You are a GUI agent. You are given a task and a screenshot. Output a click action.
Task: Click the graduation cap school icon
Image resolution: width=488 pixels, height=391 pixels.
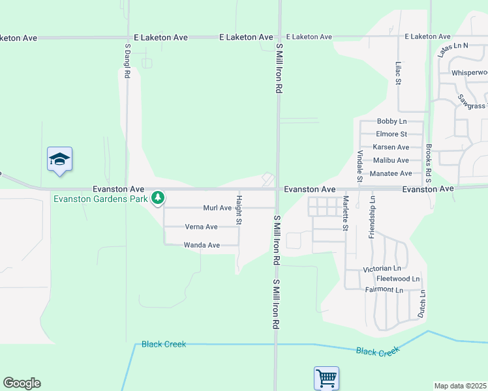59,160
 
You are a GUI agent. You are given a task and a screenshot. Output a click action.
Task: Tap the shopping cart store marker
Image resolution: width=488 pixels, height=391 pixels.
326,377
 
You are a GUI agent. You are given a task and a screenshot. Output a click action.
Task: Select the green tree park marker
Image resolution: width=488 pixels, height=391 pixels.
157,197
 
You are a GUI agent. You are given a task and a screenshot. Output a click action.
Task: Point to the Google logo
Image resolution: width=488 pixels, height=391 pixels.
22,383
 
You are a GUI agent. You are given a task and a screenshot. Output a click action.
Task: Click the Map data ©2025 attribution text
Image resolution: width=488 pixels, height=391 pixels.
460,386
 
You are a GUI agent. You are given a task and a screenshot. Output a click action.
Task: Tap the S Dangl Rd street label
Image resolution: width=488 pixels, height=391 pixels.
128,61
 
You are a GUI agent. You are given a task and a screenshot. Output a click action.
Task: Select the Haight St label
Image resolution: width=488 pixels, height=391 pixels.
239,210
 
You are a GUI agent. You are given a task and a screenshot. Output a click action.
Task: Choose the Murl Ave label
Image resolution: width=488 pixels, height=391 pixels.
217,208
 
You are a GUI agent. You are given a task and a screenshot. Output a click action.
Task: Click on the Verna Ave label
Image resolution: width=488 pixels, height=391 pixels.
202,227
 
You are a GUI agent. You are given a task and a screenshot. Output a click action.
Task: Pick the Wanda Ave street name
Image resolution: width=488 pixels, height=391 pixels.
202,245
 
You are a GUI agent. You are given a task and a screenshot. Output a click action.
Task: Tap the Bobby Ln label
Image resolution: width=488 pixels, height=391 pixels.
391,122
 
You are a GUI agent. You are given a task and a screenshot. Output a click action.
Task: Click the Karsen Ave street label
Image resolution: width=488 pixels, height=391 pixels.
391,147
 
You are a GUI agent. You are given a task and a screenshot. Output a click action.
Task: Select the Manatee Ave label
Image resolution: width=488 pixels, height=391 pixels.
391,173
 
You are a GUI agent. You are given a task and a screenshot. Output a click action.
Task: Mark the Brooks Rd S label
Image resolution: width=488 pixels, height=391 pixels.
429,162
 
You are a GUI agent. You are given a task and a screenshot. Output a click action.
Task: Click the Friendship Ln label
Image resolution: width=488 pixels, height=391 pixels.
372,217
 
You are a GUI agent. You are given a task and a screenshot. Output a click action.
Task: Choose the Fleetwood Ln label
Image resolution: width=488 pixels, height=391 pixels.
398,279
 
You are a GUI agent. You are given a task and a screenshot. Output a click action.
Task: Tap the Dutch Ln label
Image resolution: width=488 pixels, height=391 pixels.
423,304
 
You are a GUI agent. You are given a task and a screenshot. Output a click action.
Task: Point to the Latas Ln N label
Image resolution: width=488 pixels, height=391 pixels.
453,50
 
